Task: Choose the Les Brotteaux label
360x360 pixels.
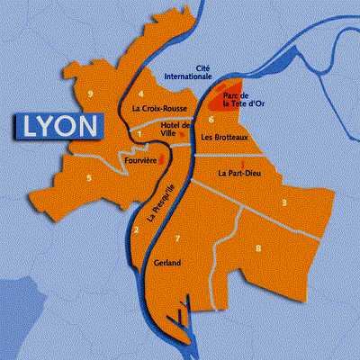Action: pyautogui.click(x=225, y=138)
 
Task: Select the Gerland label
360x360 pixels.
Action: pyautogui.click(x=167, y=263)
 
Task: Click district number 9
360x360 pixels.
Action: pyautogui.click(x=91, y=94)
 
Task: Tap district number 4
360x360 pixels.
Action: pyautogui.click(x=141, y=94)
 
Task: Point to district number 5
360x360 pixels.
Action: pyautogui.click(x=89, y=177)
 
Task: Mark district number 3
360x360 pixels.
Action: pyautogui.click(x=284, y=202)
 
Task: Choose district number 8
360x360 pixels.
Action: pyautogui.click(x=259, y=247)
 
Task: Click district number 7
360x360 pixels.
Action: pyautogui.click(x=177, y=238)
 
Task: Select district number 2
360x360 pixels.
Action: pyautogui.click(x=136, y=230)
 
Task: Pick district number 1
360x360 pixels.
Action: pyautogui.click(x=139, y=135)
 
